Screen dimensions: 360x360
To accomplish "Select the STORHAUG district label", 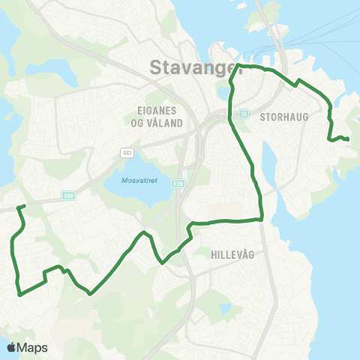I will (x=279, y=117).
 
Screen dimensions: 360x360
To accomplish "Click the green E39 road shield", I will (x=178, y=182).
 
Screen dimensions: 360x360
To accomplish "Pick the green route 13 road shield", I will (x=244, y=114).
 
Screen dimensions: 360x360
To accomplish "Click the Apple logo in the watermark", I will (x=11, y=347).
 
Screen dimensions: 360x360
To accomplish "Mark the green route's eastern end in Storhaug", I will (x=348, y=139).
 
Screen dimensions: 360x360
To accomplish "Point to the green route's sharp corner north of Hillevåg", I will (x=261, y=219).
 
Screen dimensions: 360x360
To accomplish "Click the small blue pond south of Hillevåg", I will (x=224, y=309).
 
